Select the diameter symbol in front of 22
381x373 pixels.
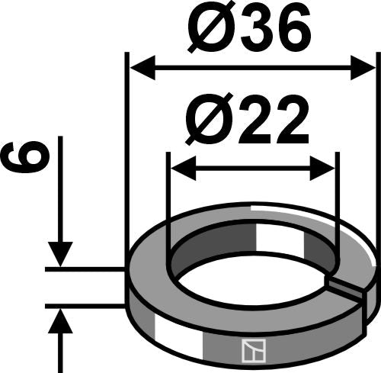click(x=203, y=121)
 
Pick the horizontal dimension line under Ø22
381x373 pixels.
click(x=251, y=167)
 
